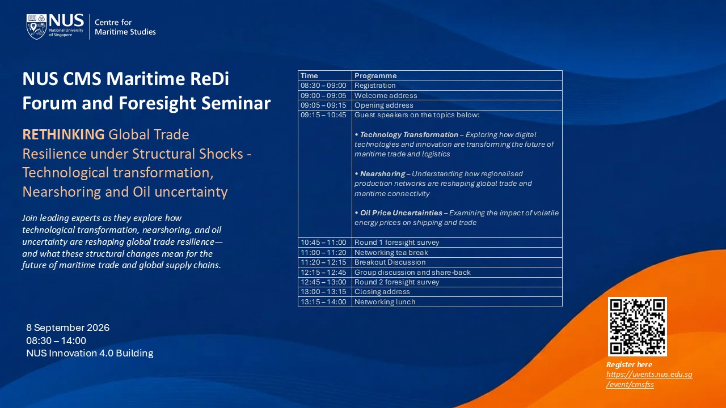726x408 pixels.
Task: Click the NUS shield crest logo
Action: (x=36, y=27)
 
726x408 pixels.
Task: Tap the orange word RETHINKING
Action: (x=64, y=134)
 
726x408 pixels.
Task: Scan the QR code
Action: (x=637, y=326)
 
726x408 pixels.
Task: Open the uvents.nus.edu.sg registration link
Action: (x=649, y=379)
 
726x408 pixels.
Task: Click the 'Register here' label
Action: (x=629, y=364)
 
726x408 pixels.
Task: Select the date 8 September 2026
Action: (x=67, y=328)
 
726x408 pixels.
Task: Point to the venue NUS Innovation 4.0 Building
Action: (x=90, y=353)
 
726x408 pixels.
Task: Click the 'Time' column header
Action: (x=309, y=76)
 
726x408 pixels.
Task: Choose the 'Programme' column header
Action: (x=375, y=76)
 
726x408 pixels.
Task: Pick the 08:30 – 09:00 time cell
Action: (x=323, y=86)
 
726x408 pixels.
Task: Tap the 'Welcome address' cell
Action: (x=386, y=96)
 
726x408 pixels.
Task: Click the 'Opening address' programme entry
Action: (x=384, y=105)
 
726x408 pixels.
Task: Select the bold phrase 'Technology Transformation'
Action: (x=409, y=135)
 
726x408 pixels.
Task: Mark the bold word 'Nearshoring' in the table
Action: (x=382, y=174)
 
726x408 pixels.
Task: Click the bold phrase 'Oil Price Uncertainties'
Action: (x=401, y=213)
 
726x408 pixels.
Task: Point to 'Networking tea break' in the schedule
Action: (x=391, y=253)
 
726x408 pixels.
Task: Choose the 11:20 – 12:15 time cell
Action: (x=323, y=262)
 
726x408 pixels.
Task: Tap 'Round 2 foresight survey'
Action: (x=396, y=282)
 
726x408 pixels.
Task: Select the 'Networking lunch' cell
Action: (x=385, y=302)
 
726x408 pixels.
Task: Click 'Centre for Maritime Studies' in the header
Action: (x=125, y=27)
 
